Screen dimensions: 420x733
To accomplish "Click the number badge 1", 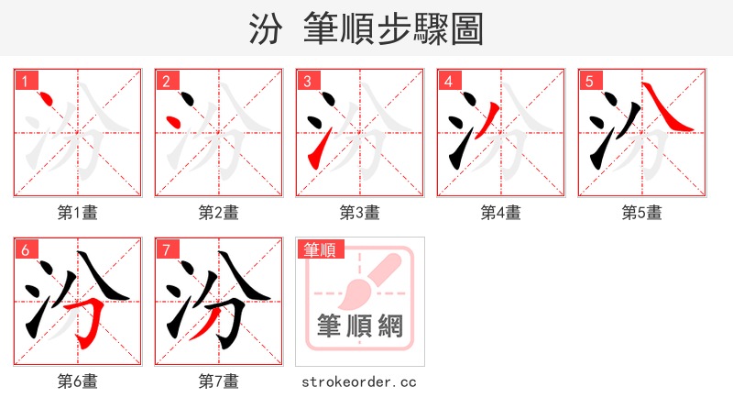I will click(x=26, y=82).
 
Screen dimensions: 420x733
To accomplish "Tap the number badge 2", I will click(x=167, y=82).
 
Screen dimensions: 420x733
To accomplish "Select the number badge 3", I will click(x=308, y=82).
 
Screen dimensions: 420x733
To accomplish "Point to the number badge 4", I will click(x=449, y=82).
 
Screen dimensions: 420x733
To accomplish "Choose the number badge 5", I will click(x=590, y=82).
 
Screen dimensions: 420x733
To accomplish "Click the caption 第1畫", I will click(x=78, y=213).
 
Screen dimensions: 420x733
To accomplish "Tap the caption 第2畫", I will click(x=219, y=213).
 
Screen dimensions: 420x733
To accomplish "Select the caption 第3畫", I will click(x=360, y=213).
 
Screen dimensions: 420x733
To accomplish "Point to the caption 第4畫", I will click(x=501, y=213).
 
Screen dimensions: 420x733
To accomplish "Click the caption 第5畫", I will click(x=642, y=213).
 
